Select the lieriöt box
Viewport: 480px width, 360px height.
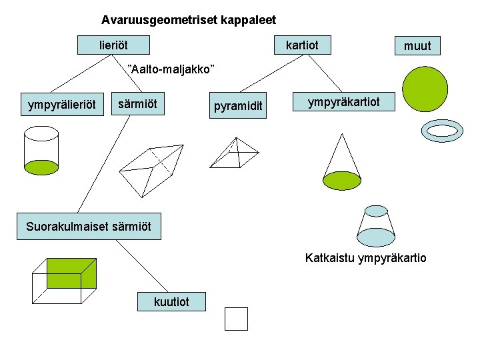(113, 45)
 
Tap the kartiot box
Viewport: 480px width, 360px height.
(302, 45)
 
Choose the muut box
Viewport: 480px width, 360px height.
(417, 46)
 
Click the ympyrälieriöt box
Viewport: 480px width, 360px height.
(61, 105)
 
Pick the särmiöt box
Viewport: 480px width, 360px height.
(137, 104)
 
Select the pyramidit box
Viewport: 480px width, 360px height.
(238, 106)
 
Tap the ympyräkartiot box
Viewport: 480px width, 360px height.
(343, 102)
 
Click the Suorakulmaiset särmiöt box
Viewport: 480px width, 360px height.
(89, 227)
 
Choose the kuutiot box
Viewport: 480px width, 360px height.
(171, 302)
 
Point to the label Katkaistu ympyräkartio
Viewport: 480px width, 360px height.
(365, 257)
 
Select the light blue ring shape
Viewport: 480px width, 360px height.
(442, 131)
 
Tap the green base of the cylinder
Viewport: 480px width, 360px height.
(41, 167)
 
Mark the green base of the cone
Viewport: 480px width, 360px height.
(342, 180)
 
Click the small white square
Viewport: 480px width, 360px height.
(236, 319)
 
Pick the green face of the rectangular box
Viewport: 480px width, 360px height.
(71, 273)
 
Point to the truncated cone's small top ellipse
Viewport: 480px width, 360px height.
(375, 211)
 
